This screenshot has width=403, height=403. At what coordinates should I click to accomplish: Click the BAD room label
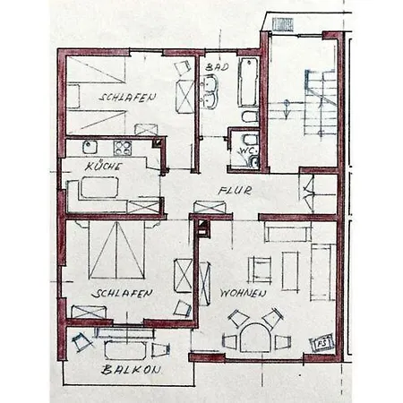(217, 66)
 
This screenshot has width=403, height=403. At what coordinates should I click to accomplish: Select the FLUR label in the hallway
(235, 191)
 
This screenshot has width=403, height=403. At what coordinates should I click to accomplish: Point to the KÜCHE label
(103, 166)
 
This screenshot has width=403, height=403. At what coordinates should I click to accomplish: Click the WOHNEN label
(243, 294)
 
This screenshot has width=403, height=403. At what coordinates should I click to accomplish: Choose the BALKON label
(131, 370)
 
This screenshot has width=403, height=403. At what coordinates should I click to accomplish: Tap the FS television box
(322, 343)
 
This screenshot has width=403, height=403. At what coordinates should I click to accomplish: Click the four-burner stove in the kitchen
(123, 148)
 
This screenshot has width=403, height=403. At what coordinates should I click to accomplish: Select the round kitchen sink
(90, 147)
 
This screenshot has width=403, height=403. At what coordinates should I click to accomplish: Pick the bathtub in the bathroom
(248, 82)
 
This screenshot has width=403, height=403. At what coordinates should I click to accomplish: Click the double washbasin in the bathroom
(210, 91)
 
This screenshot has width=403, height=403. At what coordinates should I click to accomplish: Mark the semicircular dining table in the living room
(254, 338)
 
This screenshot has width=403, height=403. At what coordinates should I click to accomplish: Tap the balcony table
(125, 350)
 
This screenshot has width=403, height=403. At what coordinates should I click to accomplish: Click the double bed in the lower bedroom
(116, 250)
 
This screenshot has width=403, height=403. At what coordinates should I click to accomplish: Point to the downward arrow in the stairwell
(287, 109)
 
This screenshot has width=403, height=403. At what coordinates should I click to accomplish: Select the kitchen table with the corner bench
(99, 187)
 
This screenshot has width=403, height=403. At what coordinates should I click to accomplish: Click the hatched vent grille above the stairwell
(283, 24)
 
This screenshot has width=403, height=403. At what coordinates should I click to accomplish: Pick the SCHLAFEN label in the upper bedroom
(127, 97)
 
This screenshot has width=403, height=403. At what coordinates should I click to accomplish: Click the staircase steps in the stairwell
(320, 103)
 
